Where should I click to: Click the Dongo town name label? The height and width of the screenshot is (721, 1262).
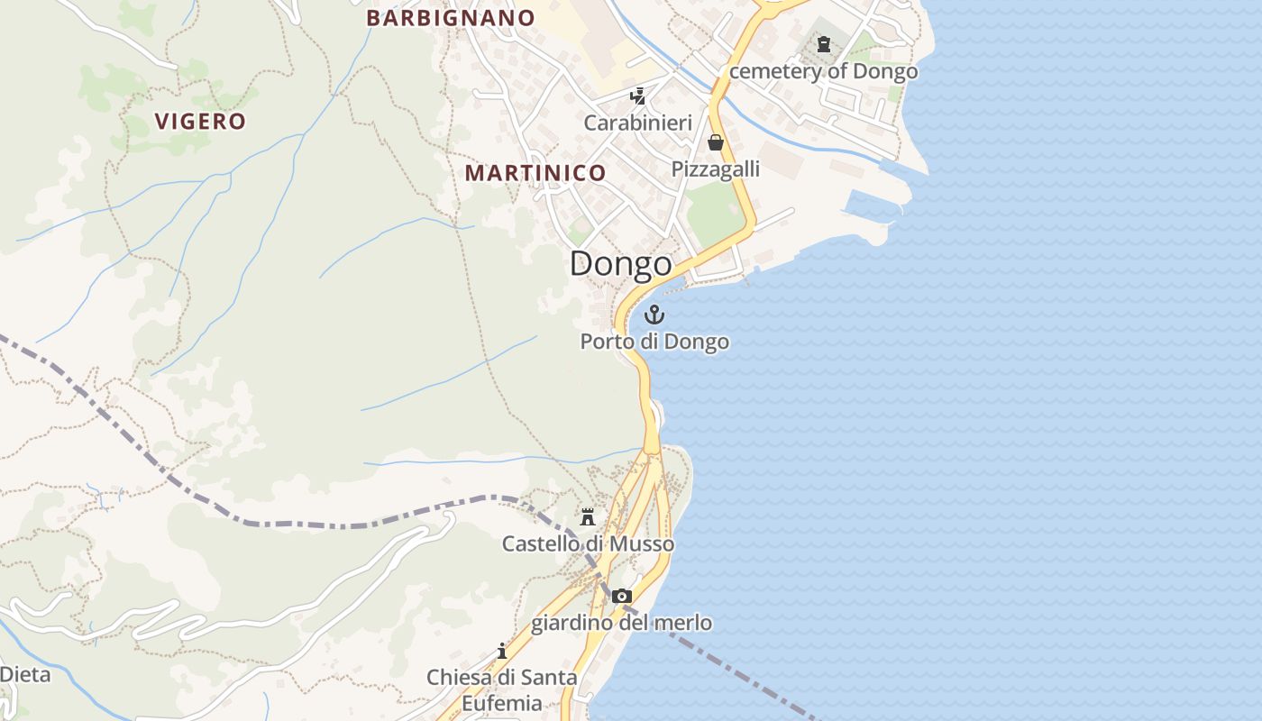click(620, 264)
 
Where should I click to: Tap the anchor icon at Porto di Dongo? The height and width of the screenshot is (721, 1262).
click(654, 315)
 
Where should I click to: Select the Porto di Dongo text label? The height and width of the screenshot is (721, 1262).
click(654, 342)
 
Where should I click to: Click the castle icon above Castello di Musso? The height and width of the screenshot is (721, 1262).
click(588, 516)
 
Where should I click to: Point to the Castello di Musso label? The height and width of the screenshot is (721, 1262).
click(588, 544)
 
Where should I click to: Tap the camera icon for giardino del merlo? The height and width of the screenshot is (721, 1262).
click(621, 596)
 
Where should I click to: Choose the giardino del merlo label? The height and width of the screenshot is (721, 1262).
click(621, 623)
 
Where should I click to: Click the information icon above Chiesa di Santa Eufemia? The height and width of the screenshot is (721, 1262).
click(502, 651)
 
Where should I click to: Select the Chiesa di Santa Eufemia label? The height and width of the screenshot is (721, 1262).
click(502, 689)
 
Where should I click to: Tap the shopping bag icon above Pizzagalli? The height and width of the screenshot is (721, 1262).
click(716, 142)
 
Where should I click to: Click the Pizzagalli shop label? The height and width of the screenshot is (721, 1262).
click(716, 169)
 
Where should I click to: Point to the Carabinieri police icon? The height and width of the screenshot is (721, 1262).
click(638, 96)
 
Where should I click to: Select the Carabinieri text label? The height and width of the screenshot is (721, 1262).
click(638, 123)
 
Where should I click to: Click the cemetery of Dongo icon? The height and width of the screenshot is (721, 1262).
click(823, 43)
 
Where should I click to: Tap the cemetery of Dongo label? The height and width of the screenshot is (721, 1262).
click(823, 71)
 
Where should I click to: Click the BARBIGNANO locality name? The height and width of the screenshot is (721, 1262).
click(451, 18)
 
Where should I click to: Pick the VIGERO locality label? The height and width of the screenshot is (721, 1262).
click(200, 122)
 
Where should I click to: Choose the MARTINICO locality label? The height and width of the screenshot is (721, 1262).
click(535, 173)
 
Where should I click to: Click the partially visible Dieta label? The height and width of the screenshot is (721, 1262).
click(25, 674)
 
